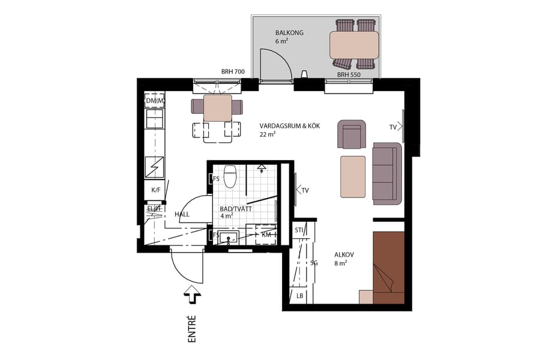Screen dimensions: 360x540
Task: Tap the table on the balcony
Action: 354,45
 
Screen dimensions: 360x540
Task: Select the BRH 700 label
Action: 233,72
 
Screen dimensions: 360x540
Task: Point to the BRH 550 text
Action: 349,75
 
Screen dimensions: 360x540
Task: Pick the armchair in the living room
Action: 352,134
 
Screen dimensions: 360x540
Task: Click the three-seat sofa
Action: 386,172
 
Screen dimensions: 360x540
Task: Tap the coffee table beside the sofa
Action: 353,176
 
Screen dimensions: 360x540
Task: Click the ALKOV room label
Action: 344,254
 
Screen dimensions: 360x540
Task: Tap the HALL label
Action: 182,214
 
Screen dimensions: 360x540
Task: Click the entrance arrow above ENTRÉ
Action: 193,294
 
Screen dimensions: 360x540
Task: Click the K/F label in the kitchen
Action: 155,190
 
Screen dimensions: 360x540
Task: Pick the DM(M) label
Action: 155,101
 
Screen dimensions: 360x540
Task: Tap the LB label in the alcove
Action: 299,296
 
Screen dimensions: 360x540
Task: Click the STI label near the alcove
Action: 299,230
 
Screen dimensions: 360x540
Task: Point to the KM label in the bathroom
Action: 266,235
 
